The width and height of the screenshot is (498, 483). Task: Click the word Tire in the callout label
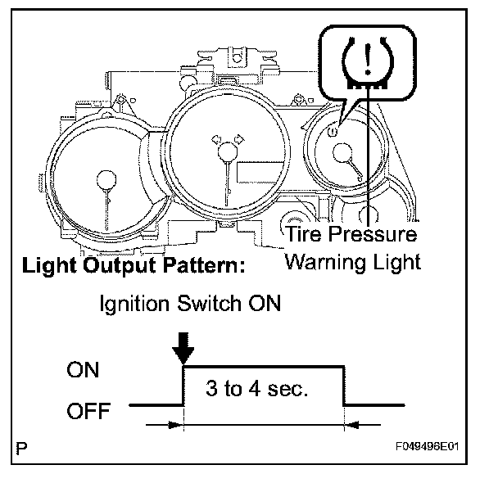click(304, 235)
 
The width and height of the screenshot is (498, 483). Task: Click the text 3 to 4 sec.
click(256, 389)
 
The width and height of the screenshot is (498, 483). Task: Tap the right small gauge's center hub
click(342, 151)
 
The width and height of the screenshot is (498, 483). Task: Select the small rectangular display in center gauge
click(249, 174)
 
